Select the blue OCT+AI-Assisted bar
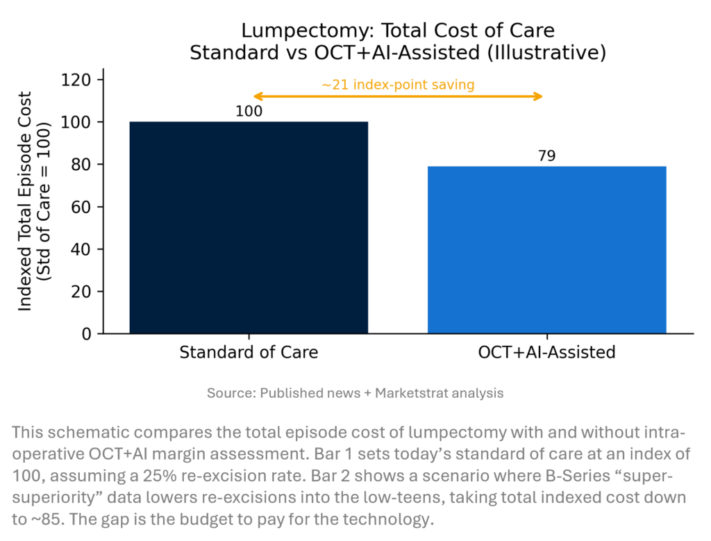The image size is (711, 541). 546,250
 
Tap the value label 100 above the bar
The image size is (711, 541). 249,111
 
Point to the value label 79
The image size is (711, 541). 546,156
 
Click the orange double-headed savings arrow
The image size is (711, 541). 398,97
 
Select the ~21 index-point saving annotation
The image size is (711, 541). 398,85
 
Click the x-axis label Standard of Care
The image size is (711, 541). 249,352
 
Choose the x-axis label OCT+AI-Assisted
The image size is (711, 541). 546,352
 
